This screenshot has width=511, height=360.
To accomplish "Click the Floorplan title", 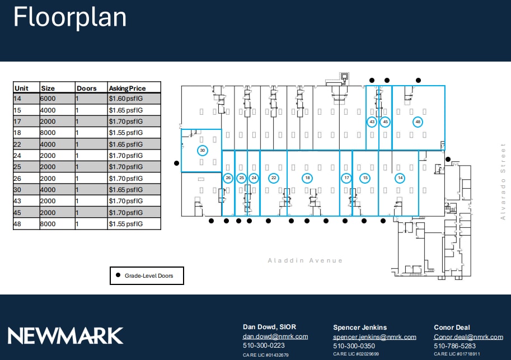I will coord(70,17).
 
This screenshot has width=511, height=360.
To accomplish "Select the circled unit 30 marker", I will coord(203,151).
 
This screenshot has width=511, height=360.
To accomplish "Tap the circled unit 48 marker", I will coord(418,121).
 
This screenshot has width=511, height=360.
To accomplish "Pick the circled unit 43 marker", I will coord(372,121).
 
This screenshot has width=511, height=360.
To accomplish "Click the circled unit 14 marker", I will coord(400,178).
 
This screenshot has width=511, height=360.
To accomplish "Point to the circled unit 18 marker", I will coord(307,178).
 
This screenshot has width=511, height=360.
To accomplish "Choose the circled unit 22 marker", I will coord(274,178).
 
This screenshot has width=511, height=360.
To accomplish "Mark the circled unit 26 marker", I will coord(228,178).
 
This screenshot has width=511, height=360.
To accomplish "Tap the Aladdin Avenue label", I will coord(305,260).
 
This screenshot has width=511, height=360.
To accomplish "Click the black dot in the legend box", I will coord(118,275).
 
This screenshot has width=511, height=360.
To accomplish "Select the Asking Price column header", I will coord(127,88).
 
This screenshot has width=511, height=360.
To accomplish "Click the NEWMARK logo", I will coord(65,335).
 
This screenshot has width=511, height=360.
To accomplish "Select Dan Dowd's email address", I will coord(275,336).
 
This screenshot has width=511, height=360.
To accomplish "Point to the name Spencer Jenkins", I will coord(360,327).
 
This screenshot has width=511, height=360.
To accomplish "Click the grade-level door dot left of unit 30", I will coord(177,163).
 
